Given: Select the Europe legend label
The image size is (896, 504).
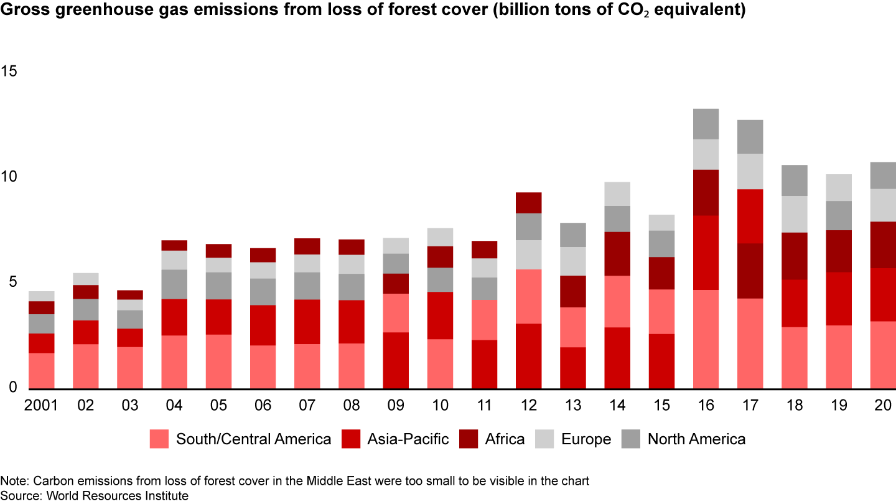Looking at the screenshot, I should tap(586, 439).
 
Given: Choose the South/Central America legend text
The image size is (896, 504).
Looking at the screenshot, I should tap(253, 439).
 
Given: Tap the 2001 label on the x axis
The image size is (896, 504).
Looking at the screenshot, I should tap(42, 405).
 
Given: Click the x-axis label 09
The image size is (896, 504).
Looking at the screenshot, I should tap(396, 405).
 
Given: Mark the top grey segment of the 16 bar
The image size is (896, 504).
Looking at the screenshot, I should tap(706, 124).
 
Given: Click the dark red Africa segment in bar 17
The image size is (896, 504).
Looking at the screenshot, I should tap(750, 271).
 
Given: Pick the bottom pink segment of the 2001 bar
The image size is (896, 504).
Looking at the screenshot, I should tap(42, 371).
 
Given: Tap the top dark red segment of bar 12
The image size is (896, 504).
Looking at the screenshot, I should tap(528, 203).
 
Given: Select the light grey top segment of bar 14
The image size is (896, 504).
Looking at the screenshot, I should tap(617, 194).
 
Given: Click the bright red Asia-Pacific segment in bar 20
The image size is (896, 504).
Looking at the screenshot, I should tap(882, 294).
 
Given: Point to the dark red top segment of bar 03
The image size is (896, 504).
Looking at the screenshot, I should tap(130, 295).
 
